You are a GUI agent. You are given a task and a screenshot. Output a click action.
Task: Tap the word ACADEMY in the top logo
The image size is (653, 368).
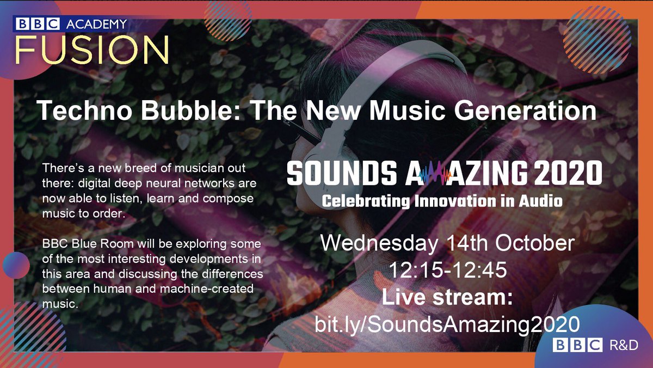pyautogui.click(x=95, y=24)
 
